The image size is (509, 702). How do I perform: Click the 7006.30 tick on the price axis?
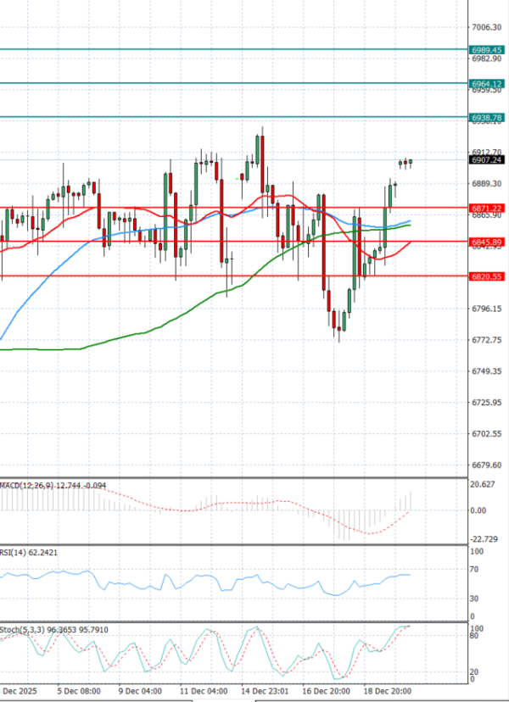pyautogui.click(x=487, y=27)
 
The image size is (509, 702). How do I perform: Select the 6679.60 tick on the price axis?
pyautogui.click(x=487, y=465)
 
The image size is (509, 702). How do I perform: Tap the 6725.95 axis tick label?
pyautogui.click(x=487, y=403)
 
